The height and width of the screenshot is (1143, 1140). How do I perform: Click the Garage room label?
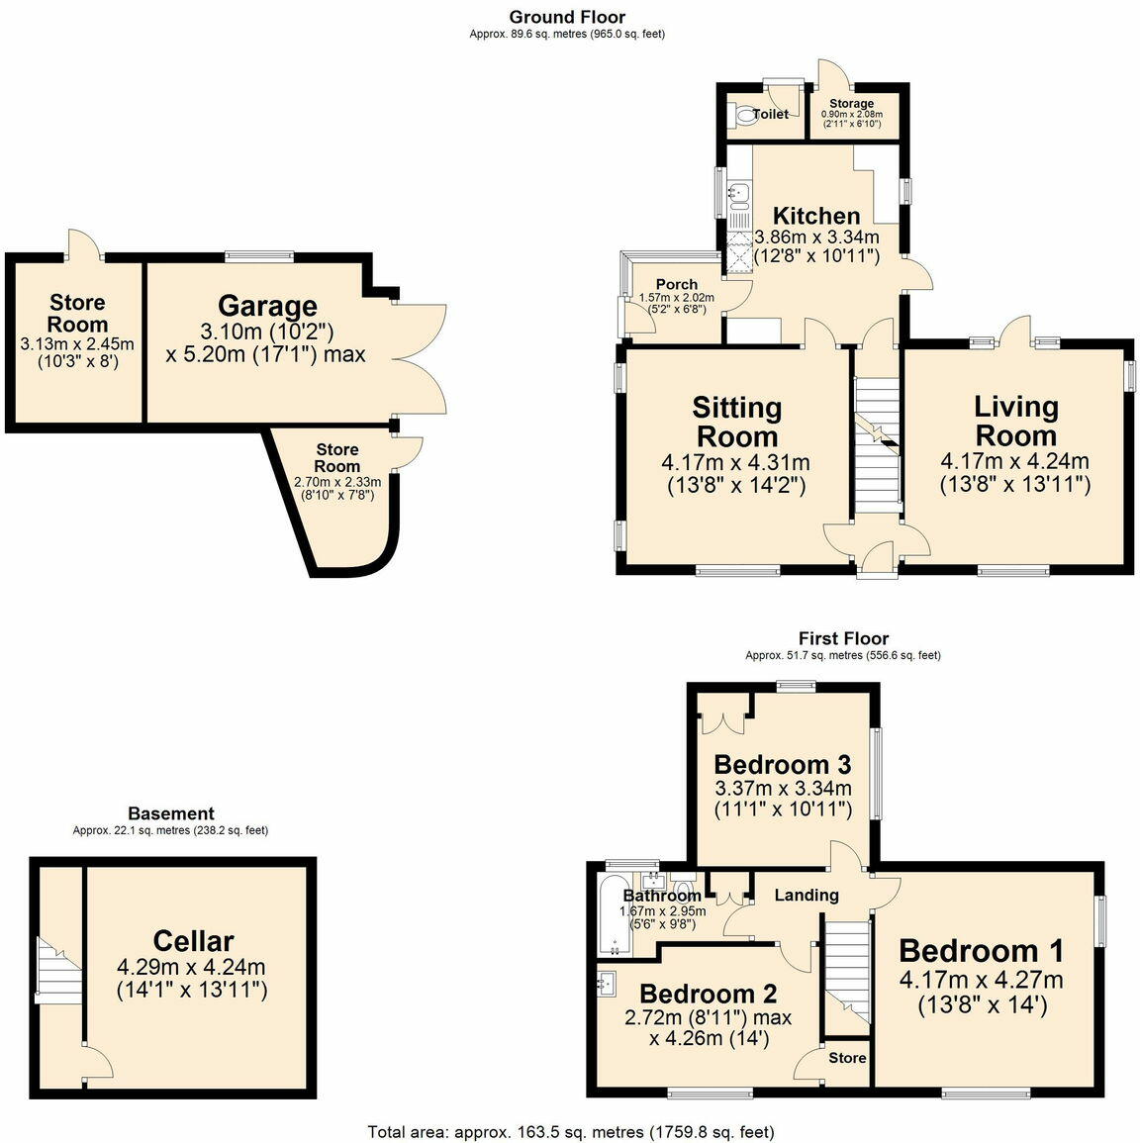click(267, 306)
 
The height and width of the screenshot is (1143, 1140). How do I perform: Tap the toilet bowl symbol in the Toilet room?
click(743, 116)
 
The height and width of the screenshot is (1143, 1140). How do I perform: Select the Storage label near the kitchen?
click(851, 103)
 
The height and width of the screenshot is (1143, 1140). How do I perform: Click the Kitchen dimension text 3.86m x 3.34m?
click(816, 238)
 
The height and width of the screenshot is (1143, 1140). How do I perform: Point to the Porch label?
click(677, 284)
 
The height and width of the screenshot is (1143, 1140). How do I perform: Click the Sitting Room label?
click(736, 422)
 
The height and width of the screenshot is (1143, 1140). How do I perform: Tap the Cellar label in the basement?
click(193, 941)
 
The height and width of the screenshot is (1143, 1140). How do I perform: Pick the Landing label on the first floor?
click(806, 895)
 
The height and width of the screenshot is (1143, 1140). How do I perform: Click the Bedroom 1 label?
click(981, 951)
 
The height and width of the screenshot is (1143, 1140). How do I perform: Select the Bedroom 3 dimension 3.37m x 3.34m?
click(783, 789)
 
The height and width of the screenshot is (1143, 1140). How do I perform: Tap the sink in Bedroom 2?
click(607, 983)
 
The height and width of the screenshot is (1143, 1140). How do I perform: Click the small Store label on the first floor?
click(847, 1058)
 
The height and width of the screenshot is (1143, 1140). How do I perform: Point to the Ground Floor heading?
click(567, 17)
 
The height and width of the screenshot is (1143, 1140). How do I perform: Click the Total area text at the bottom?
click(570, 1131)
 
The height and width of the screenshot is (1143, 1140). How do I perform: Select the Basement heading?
click(170, 814)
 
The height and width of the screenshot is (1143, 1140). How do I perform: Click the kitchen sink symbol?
click(737, 193)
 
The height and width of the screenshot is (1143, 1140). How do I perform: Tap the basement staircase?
click(51, 970)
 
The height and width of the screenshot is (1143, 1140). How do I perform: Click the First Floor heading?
click(843, 639)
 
